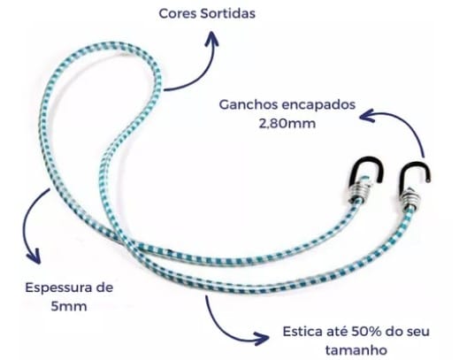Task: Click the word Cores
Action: pyautogui.click(x=176, y=13)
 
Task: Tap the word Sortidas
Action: pyautogui.click(x=227, y=13)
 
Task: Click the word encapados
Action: pyautogui.click(x=318, y=106)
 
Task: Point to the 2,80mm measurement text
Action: pyautogui.click(x=287, y=124)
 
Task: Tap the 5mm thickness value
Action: pyautogui.click(x=69, y=306)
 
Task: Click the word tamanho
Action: pyautogui.click(x=356, y=350)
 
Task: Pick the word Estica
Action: pyautogui.click(x=300, y=332)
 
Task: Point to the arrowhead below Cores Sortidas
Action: pyautogui.click(x=212, y=38)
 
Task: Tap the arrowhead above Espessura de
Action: pyautogui.click(x=34, y=257)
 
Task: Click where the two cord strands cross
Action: pyautogui.click(x=128, y=244)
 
